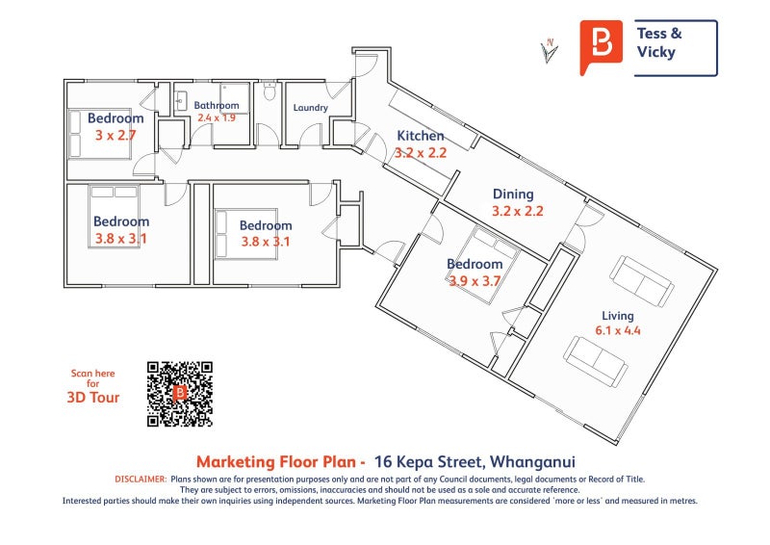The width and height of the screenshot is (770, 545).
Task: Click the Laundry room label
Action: click(x=310, y=108)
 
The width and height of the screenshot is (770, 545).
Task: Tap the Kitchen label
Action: click(x=421, y=136)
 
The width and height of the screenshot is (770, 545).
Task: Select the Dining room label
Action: click(x=513, y=195)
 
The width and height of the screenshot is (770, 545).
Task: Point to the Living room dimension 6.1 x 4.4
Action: click(x=618, y=330)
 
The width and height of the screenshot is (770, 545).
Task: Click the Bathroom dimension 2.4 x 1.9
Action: click(x=217, y=117)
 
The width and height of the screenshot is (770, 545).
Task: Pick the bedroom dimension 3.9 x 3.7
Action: click(x=475, y=281)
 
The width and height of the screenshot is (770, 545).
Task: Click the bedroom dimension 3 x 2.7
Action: click(x=115, y=135)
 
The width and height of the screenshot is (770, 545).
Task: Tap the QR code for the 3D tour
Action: click(x=180, y=394)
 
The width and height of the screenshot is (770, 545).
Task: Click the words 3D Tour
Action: click(x=92, y=397)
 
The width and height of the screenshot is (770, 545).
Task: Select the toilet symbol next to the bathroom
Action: click(x=269, y=91)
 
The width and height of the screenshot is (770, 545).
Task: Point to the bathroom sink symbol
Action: click(x=180, y=102)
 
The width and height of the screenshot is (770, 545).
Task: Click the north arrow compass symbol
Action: click(x=549, y=52)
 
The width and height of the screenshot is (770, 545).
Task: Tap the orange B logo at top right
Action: click(x=601, y=46)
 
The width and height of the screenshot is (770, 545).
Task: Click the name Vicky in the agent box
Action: click(x=656, y=52)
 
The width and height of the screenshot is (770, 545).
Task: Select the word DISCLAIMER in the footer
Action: click(x=141, y=480)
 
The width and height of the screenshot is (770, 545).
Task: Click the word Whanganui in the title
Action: click(x=532, y=462)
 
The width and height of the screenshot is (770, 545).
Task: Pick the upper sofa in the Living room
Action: click(x=641, y=281)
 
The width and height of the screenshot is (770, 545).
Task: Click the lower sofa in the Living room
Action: click(x=596, y=362)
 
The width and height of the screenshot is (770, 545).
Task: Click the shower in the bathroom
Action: click(x=235, y=98)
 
